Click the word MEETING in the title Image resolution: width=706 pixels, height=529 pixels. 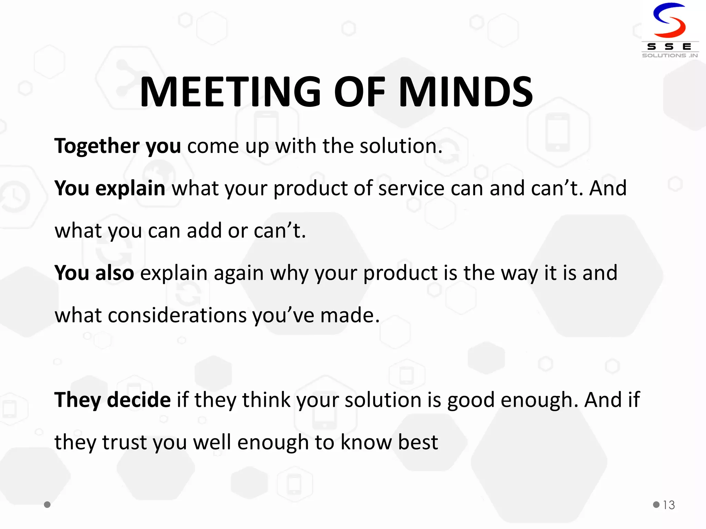(x=230, y=92)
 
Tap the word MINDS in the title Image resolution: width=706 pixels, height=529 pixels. (x=466, y=92)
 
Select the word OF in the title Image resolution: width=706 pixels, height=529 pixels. (x=359, y=92)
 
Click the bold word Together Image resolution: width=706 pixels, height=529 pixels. (x=97, y=146)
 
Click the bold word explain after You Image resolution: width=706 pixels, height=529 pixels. (x=130, y=188)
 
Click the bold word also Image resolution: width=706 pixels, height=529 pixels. (x=114, y=273)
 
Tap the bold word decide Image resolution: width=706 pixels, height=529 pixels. (x=139, y=400)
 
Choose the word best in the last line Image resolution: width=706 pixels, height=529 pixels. (x=418, y=442)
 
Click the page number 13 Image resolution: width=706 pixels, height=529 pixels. (x=669, y=505)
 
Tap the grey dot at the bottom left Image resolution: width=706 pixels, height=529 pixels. (x=47, y=505)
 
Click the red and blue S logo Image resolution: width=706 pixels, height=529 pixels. (x=669, y=20)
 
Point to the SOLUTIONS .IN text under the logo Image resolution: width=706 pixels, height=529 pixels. (x=670, y=55)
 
